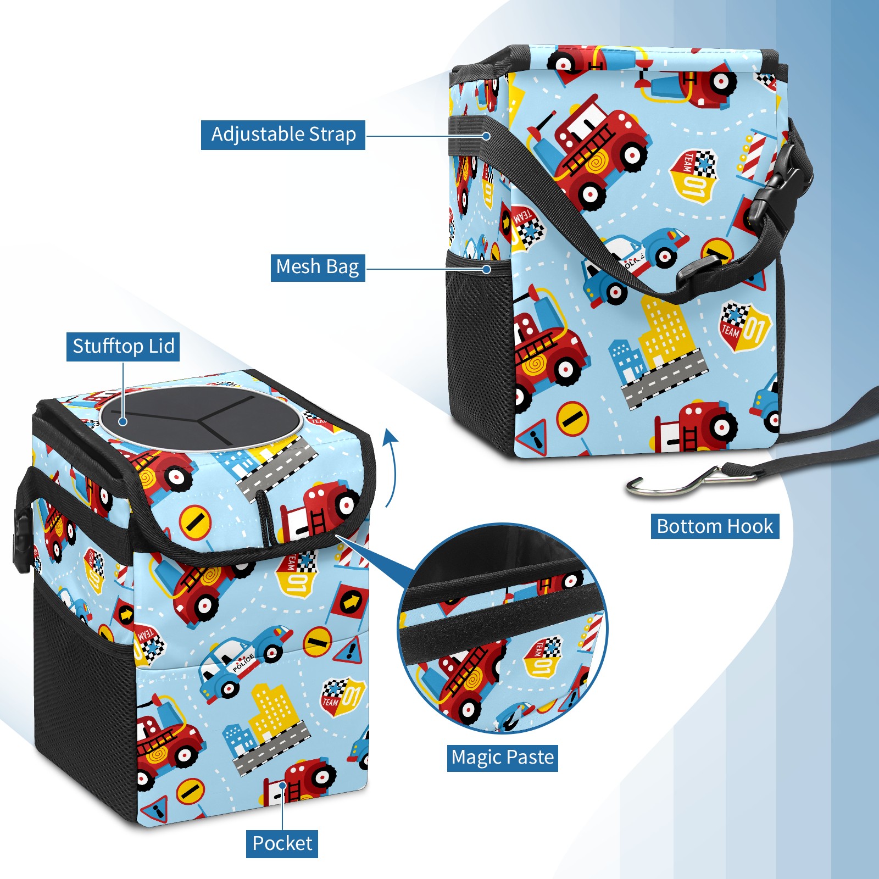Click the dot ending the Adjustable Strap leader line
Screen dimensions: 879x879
click(486, 136)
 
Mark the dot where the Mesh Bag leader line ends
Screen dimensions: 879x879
click(486, 269)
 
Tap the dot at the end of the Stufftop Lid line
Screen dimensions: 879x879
click(123, 421)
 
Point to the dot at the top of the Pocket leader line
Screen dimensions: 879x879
click(282, 786)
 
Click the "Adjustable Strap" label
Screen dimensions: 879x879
click(283, 135)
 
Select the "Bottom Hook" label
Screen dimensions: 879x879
click(715, 526)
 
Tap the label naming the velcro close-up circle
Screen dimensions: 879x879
click(502, 758)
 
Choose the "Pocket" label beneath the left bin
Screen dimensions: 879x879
click(282, 843)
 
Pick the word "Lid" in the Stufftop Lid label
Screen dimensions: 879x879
click(161, 346)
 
